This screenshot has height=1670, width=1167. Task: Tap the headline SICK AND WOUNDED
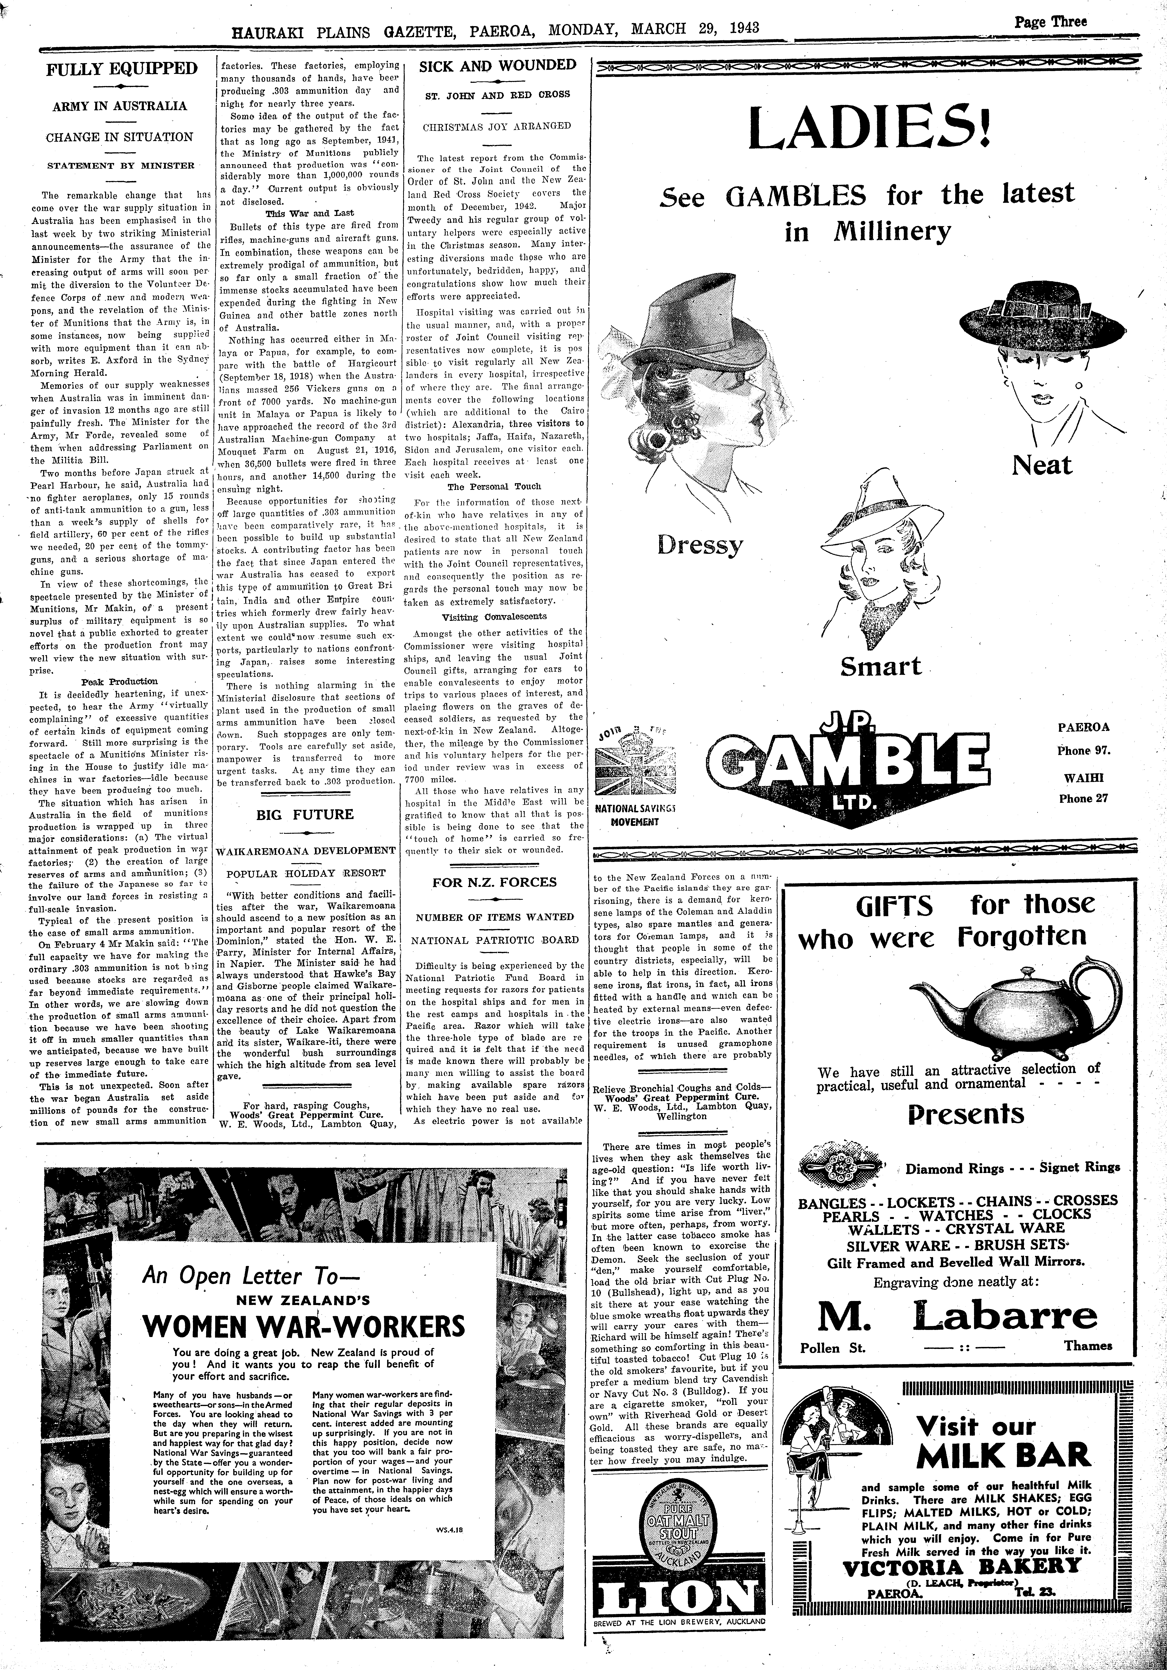[x=498, y=65]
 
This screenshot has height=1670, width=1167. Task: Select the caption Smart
[x=880, y=666]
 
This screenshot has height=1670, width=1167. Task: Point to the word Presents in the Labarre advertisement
[x=966, y=1114]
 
